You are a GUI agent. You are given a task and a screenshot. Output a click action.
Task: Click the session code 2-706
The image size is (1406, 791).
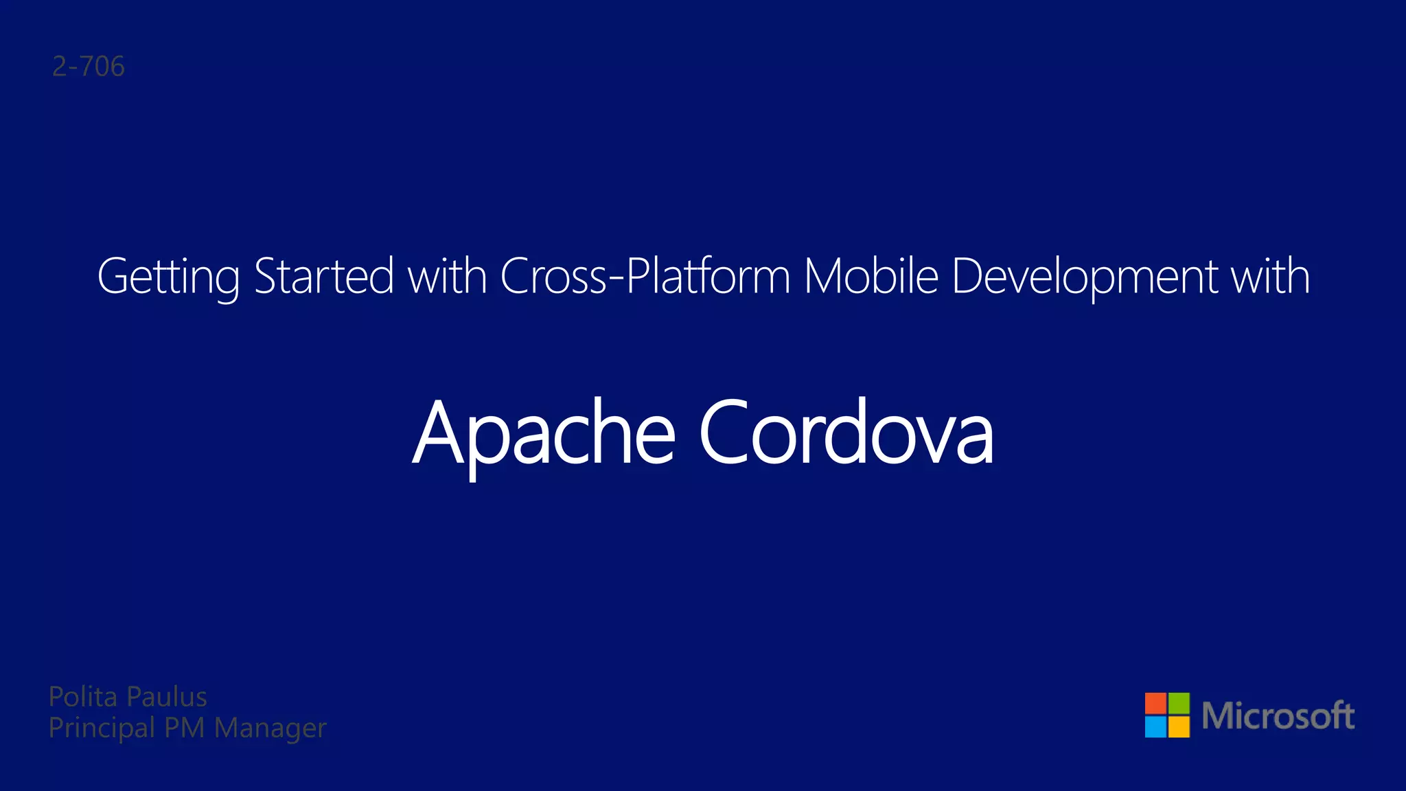tap(89, 67)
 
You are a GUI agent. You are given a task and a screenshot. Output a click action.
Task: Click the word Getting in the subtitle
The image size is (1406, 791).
tap(168, 277)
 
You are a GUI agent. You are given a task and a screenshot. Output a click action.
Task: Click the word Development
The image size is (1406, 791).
tap(1085, 277)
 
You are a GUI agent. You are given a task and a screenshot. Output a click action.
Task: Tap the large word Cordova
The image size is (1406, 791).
tap(846, 433)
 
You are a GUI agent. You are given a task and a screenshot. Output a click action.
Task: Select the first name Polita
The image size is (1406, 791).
tap(83, 697)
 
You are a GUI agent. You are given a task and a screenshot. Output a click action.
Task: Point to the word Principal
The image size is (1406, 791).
tap(102, 729)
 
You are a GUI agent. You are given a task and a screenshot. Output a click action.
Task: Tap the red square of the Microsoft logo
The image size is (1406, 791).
tap(1155, 703)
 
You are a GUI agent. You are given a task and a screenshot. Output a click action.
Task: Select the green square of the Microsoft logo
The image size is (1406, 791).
tap(1179, 703)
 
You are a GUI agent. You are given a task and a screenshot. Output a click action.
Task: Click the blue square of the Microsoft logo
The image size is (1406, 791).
tap(1155, 726)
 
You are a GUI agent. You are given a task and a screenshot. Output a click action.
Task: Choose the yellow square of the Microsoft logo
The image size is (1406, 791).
tap(1179, 726)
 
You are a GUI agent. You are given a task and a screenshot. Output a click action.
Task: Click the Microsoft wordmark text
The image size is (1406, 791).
tap(1278, 715)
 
